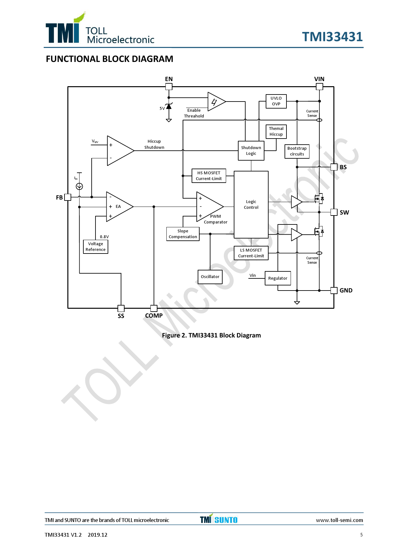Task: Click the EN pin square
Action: click(169, 87)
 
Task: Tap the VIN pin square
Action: click(319, 87)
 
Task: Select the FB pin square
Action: click(68, 197)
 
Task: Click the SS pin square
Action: click(121, 308)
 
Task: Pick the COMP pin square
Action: click(154, 308)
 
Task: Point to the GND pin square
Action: click(334, 291)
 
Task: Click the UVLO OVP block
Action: click(276, 101)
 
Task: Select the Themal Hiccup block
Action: click(276, 132)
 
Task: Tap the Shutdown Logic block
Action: click(251, 151)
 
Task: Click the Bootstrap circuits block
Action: click(297, 151)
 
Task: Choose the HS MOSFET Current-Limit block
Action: click(209, 176)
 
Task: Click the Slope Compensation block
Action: click(183, 234)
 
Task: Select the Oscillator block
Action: click(210, 277)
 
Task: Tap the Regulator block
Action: click(278, 278)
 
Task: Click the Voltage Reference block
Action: click(95, 247)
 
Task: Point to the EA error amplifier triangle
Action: click(118, 207)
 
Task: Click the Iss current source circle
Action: click(80, 186)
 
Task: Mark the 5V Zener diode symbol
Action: click(169, 106)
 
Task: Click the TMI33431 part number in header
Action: click(332, 37)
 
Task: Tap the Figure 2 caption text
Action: click(211, 335)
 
